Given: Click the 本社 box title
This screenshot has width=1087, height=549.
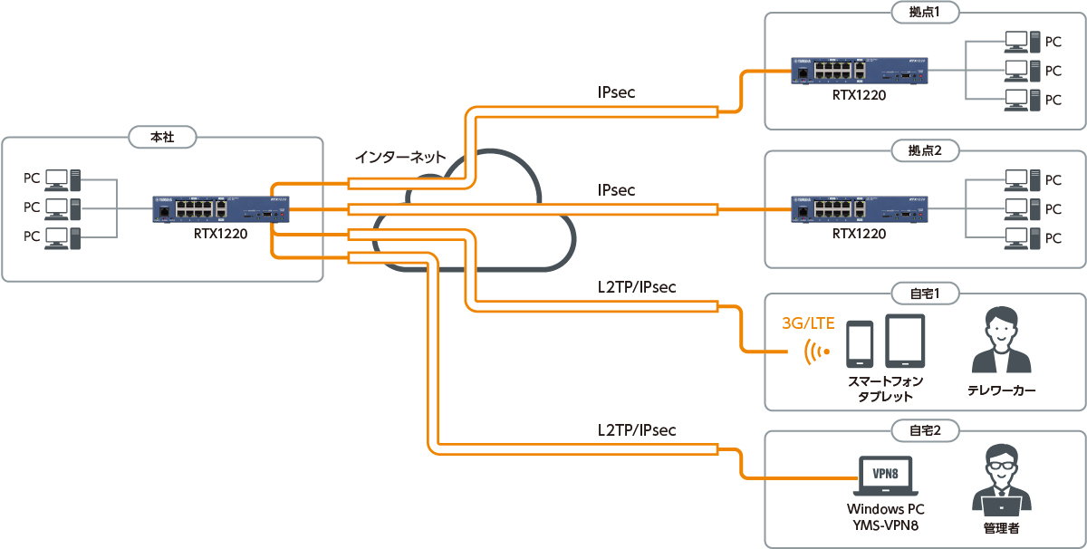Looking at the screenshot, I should [x=162, y=138].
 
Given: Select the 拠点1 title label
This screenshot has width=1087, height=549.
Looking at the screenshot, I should [x=925, y=12].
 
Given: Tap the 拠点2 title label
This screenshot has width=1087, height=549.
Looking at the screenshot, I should [x=925, y=150].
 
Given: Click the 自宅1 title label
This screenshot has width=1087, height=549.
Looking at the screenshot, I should [x=925, y=294].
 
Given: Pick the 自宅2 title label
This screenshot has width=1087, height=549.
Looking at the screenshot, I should [x=925, y=431].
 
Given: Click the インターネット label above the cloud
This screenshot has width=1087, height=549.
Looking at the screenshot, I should [x=400, y=157].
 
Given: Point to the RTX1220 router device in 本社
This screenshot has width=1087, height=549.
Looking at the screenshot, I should [x=220, y=209].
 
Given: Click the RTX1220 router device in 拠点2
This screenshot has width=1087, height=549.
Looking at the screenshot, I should [x=858, y=208].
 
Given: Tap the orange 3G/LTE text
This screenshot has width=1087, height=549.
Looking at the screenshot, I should [x=808, y=323].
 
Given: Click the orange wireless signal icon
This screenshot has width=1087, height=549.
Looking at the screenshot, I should [x=818, y=352].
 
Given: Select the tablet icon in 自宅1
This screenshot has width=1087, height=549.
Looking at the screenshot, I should [x=904, y=342].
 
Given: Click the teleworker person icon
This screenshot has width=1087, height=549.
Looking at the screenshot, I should [x=1001, y=342].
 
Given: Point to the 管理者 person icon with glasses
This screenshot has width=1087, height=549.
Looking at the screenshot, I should [x=1001, y=480].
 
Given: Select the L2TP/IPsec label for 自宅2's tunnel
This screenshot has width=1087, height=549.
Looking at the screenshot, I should [x=636, y=430].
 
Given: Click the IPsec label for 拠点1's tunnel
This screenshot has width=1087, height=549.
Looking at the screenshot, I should [x=616, y=92].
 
